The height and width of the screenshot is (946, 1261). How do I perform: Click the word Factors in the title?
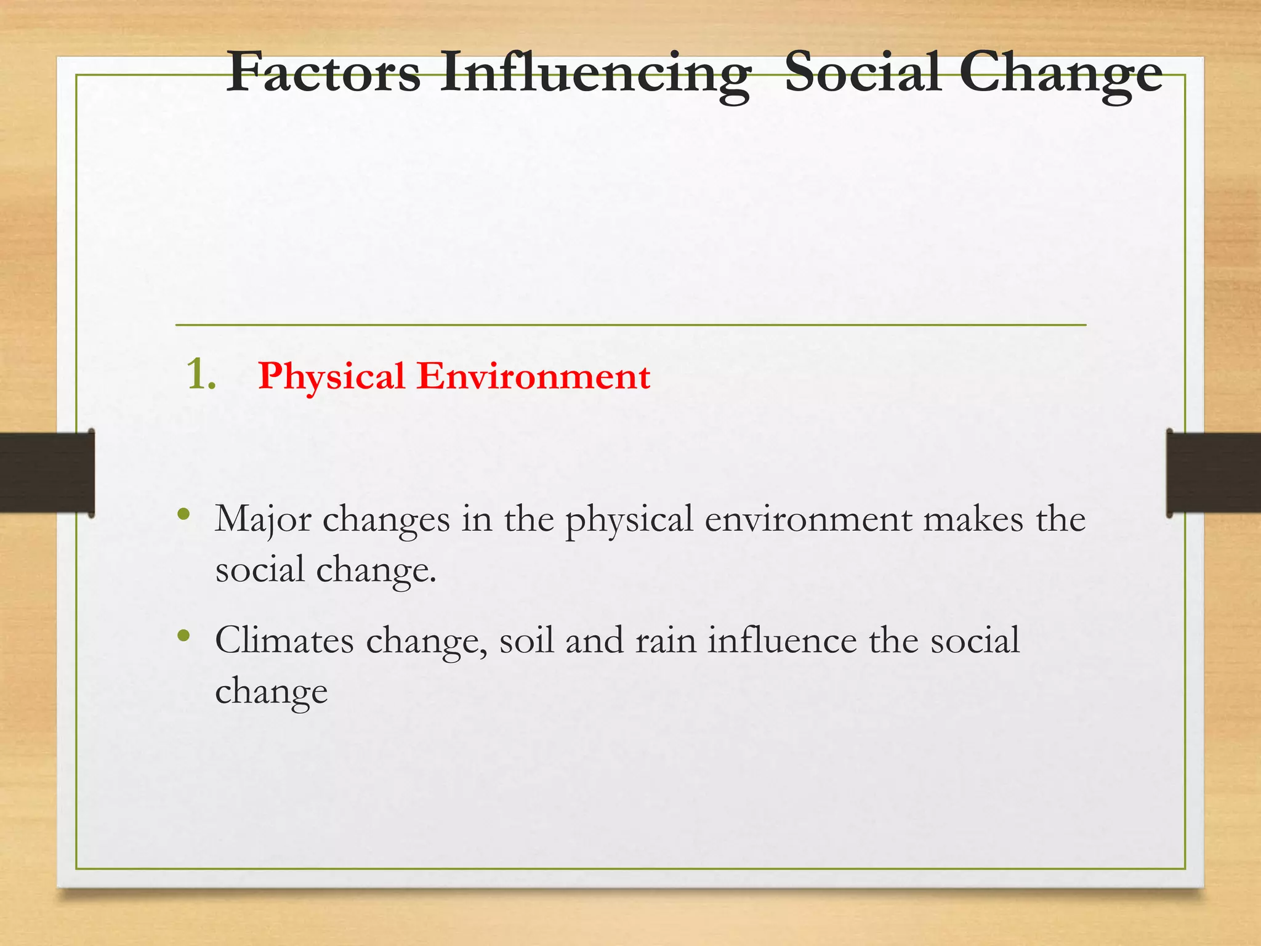pyautogui.click(x=323, y=73)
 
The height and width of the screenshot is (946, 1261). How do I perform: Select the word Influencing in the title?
pyautogui.click(x=595, y=75)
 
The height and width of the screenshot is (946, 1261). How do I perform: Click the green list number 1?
pyautogui.click(x=201, y=374)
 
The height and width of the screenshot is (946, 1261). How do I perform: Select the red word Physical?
pyautogui.click(x=331, y=377)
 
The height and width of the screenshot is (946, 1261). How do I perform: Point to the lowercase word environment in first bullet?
pyautogui.click(x=808, y=519)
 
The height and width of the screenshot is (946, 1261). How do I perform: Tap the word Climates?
pyautogui.click(x=284, y=641)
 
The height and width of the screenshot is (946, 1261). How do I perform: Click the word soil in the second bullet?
pyautogui.click(x=526, y=641)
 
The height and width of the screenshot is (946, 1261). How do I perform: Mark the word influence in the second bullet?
pyautogui.click(x=782, y=641)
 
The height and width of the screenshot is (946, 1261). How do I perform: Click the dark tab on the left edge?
pyautogui.click(x=47, y=472)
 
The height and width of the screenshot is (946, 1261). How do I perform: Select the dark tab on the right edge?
pyautogui.click(x=1213, y=472)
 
